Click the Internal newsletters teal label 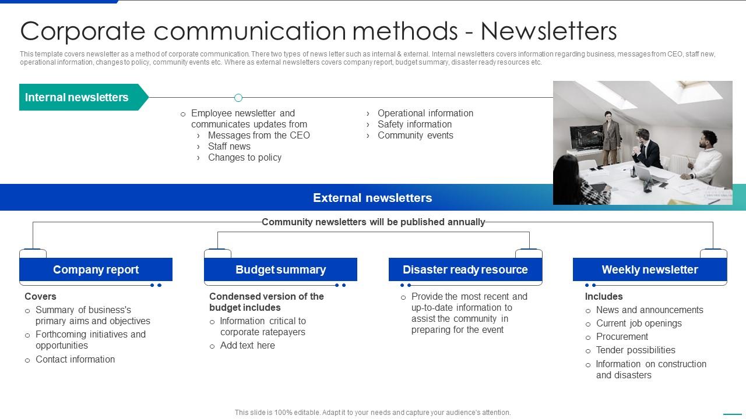coord(77,97)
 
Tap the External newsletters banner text coord(372,198)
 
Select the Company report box coord(96,269)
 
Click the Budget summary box coord(280,269)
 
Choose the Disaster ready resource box coord(465,269)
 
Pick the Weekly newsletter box coord(649,269)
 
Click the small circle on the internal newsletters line coord(238,98)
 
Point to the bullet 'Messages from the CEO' coord(259,135)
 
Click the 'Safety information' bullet coord(414,124)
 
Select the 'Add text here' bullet coord(247,345)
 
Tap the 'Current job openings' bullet coord(638,323)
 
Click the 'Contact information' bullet coord(75,359)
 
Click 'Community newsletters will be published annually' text coord(373,222)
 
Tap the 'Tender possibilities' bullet coord(635,350)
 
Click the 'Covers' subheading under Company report coord(40,296)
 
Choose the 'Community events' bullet coord(415,135)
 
